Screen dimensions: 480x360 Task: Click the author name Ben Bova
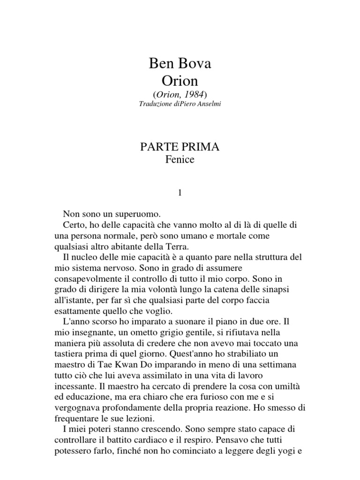[180, 64]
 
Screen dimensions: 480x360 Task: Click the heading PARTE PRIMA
[180, 147]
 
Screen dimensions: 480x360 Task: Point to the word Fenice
[180, 159]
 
